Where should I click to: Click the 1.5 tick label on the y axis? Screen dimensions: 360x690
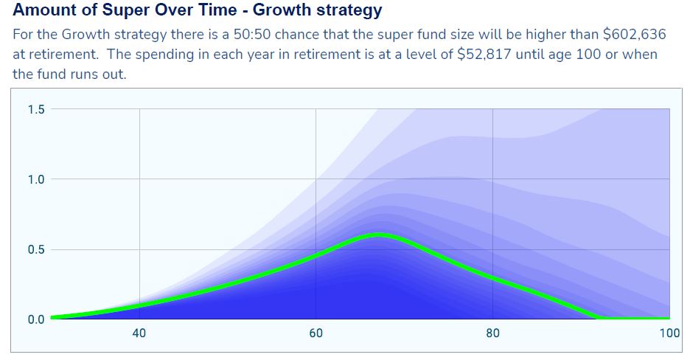point(36,110)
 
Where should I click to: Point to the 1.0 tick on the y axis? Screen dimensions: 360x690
point(36,180)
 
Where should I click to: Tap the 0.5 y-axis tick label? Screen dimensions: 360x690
point(36,250)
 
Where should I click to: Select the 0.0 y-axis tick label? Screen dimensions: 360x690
point(36,320)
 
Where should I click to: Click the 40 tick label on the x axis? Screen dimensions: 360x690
point(139,333)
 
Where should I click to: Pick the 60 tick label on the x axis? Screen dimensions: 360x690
point(316,333)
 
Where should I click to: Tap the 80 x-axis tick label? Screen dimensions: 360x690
point(492,333)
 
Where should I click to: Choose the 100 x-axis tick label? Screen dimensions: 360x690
point(669,333)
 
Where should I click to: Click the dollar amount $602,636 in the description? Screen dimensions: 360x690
point(631,34)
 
